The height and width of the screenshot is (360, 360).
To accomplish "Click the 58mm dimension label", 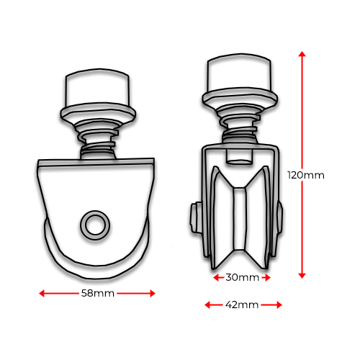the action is [x=98, y=293].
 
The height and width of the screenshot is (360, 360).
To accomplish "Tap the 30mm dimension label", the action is [x=243, y=277].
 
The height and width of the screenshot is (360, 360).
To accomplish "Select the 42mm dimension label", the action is [x=242, y=305].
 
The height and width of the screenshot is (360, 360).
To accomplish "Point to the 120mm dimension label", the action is [x=306, y=175].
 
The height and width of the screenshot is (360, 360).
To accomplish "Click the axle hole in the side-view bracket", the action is [x=95, y=225].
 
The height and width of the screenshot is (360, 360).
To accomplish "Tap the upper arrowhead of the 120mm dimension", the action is [x=302, y=54].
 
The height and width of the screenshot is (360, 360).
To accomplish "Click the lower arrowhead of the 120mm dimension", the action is [x=302, y=276].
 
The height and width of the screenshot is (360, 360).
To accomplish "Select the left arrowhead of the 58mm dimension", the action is [x=42, y=293].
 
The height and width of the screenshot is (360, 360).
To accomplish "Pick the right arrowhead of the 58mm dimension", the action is [x=153, y=293].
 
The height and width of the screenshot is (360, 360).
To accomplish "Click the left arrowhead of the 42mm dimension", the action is [x=207, y=305].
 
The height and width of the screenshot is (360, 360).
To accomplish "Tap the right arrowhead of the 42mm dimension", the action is [x=279, y=305].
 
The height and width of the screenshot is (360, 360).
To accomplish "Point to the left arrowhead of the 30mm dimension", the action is [x=216, y=278].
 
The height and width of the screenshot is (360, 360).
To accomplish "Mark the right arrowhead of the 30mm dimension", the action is [x=268, y=278].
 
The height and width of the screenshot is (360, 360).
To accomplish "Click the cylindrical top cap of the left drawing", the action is [x=97, y=89].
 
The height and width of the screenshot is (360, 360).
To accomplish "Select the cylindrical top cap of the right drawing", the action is [x=239, y=73].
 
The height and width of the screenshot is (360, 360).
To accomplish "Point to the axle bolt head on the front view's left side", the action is [x=196, y=217].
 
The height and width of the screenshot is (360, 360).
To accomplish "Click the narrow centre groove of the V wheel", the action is [x=240, y=219].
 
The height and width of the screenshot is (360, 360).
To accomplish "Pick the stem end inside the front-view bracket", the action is [x=239, y=156].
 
